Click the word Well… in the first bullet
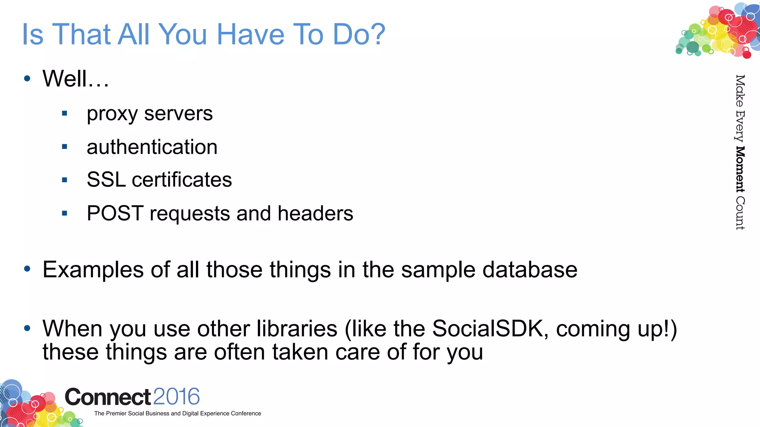tap(76, 79)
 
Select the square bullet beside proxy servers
tap(65, 113)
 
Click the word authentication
tap(152, 147)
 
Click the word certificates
tap(182, 180)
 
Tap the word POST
tap(115, 213)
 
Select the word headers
tap(315, 213)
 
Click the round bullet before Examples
tap(27, 269)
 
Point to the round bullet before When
tap(27, 328)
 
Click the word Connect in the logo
tap(108, 397)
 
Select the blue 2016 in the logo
tap(176, 397)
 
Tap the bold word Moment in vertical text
tap(740, 169)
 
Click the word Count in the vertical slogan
tap(740, 213)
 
